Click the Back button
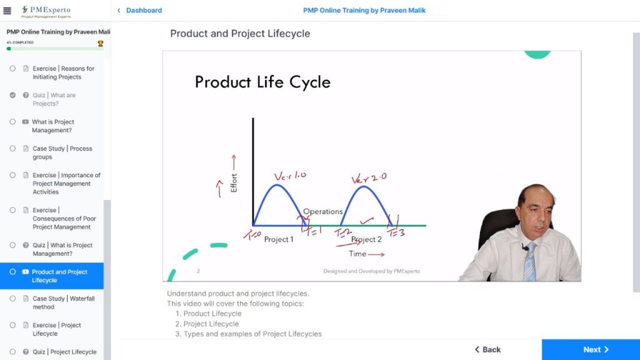487,349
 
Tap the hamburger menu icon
7,11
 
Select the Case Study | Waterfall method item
63,302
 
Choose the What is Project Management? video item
53,126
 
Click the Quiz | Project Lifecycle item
64,352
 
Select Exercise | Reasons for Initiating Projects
63,72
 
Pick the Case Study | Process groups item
62,152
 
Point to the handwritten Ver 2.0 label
369,178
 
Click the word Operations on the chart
322,212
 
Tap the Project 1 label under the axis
278,239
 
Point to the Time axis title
357,254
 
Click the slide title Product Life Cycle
262,82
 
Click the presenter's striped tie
530,262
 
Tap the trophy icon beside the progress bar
101,43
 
